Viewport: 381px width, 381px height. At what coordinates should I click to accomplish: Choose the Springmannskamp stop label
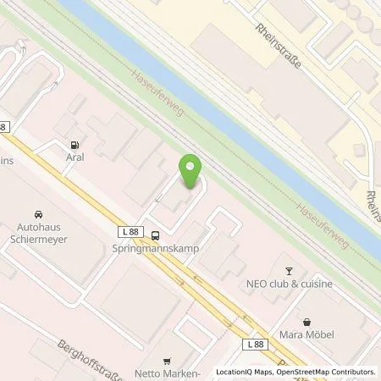coord(162,251)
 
